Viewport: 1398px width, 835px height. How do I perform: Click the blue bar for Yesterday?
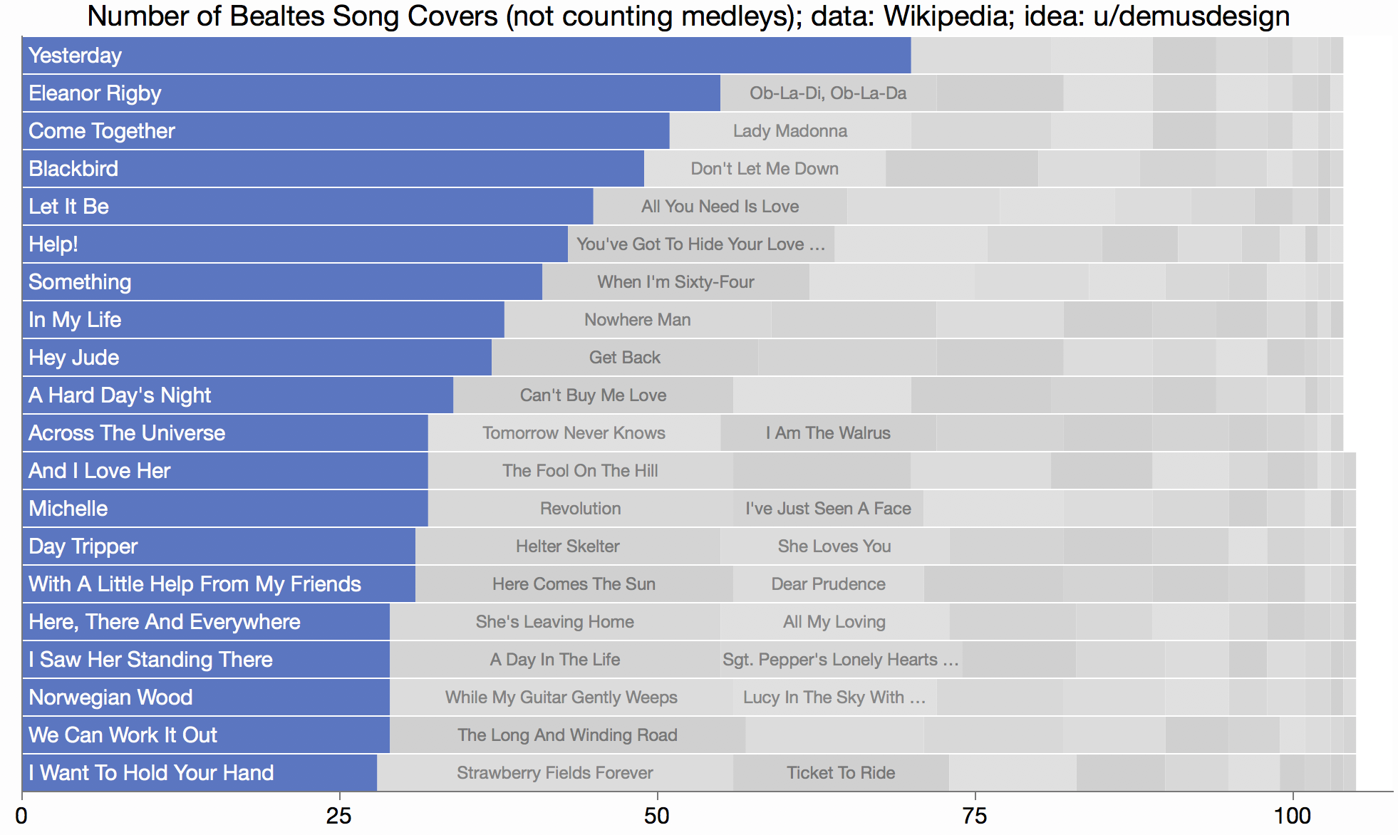click(x=466, y=56)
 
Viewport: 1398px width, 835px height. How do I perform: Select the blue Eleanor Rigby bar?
click(x=371, y=93)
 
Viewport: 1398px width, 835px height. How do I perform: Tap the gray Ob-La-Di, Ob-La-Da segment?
click(x=828, y=93)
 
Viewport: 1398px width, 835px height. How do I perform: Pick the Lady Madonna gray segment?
click(x=790, y=131)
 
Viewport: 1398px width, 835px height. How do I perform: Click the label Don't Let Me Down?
click(x=765, y=169)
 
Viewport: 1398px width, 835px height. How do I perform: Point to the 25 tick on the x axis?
click(x=339, y=816)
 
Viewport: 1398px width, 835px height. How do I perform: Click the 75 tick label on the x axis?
click(x=975, y=816)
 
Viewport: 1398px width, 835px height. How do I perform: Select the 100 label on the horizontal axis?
click(x=1292, y=816)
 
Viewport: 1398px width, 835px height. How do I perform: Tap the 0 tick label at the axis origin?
click(x=22, y=816)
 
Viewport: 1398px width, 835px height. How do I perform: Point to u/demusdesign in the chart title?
click(x=1191, y=16)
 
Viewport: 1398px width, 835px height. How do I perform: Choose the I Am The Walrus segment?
click(x=828, y=433)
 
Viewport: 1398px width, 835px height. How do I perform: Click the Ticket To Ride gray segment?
click(x=841, y=773)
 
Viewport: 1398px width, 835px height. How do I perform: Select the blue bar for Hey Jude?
click(x=257, y=358)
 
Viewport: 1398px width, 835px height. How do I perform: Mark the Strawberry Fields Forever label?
click(x=554, y=773)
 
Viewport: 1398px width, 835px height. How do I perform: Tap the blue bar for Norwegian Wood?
click(x=206, y=697)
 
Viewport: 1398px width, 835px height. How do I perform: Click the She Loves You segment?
click(x=834, y=546)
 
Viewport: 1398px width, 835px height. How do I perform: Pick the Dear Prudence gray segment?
click(x=828, y=584)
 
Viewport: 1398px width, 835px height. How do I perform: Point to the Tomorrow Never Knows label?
click(x=574, y=433)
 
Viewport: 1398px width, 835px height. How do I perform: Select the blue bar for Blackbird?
click(x=333, y=169)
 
